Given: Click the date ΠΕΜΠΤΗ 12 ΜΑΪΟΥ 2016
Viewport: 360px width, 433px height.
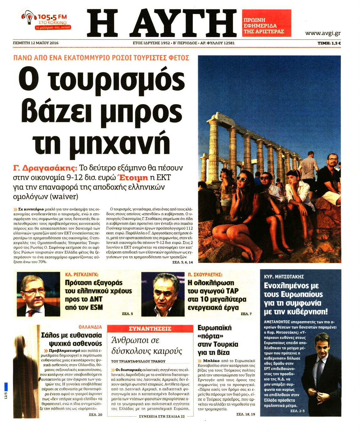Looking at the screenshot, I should (36, 43).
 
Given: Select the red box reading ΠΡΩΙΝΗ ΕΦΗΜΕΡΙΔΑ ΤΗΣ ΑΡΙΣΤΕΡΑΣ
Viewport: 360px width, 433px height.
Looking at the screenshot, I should (266, 23).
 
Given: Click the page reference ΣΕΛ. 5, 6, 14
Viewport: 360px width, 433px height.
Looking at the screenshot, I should (183, 262).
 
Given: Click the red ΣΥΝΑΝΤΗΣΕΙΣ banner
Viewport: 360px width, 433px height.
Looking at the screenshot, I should (150, 329).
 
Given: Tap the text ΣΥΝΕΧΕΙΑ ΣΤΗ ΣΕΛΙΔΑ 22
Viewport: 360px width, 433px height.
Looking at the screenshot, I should (162, 416).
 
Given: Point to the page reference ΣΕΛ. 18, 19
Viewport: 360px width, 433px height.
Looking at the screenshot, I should (246, 414).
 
